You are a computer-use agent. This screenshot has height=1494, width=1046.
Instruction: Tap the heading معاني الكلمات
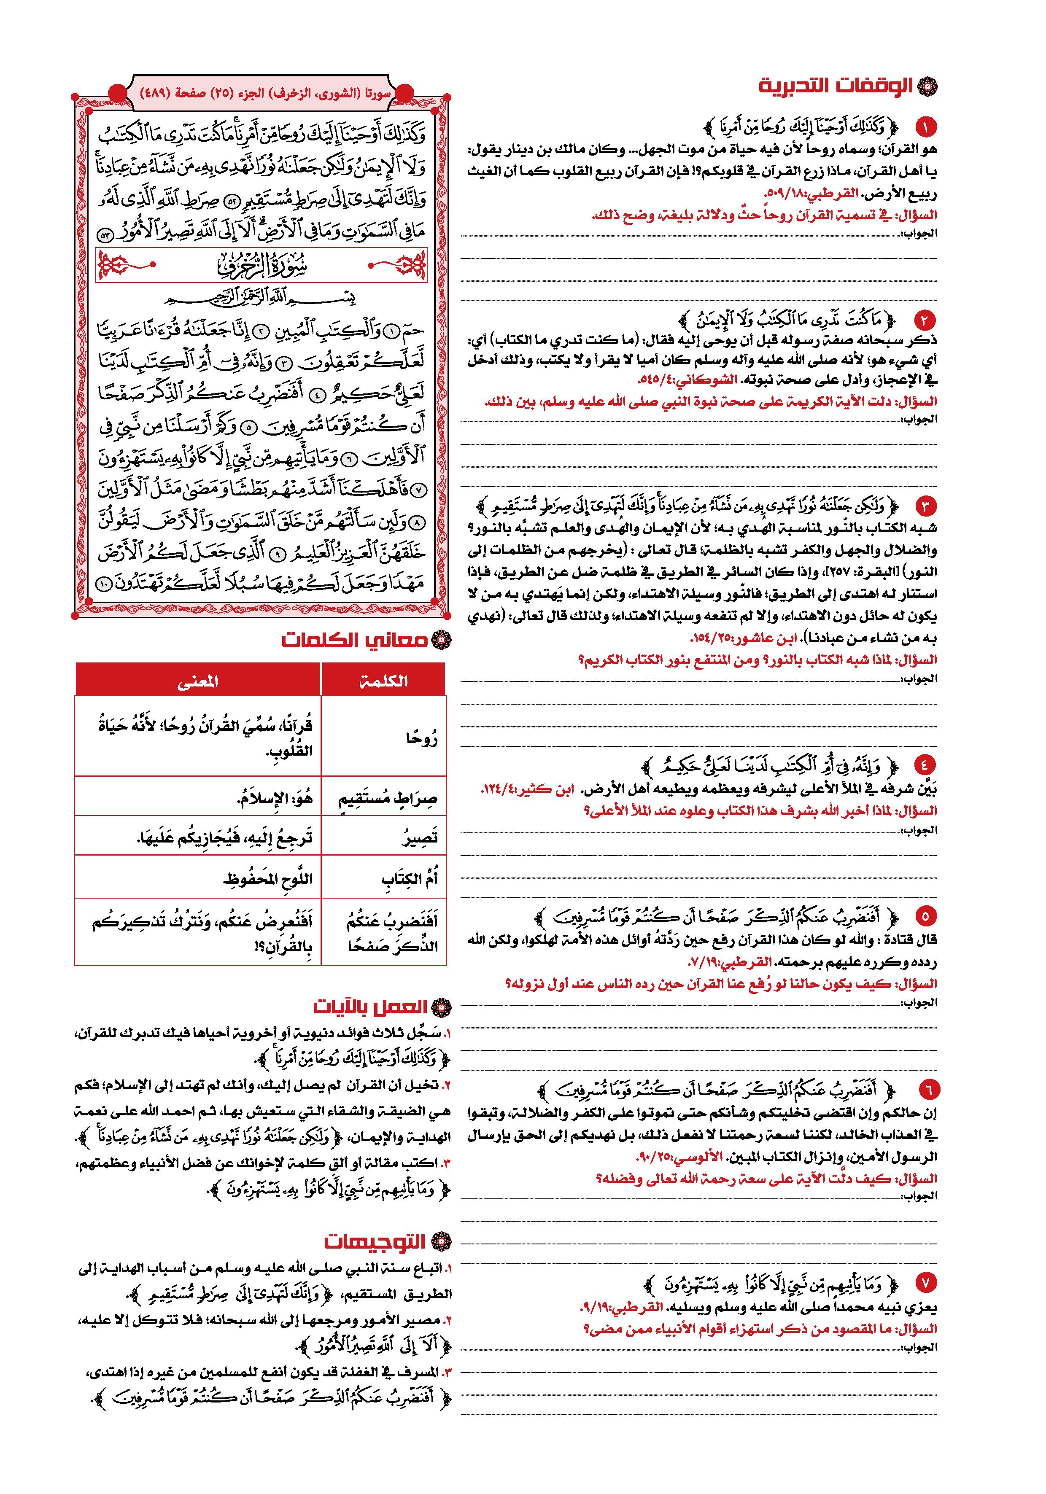pos(355,640)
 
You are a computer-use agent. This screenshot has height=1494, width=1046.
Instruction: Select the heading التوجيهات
pos(375,1241)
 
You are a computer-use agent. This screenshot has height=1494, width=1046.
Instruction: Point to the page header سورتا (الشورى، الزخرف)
pos(266,93)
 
